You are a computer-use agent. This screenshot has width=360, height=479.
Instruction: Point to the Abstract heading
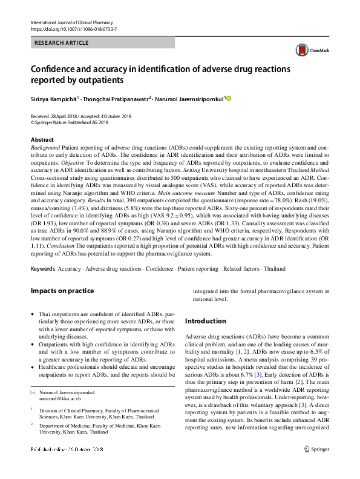coord(42,140)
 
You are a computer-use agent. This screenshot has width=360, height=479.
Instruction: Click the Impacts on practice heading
coord(62,291)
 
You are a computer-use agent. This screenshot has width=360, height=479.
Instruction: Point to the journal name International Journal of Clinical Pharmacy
coord(68,22)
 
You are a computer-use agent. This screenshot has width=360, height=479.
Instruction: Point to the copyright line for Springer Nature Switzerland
coord(70,122)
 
